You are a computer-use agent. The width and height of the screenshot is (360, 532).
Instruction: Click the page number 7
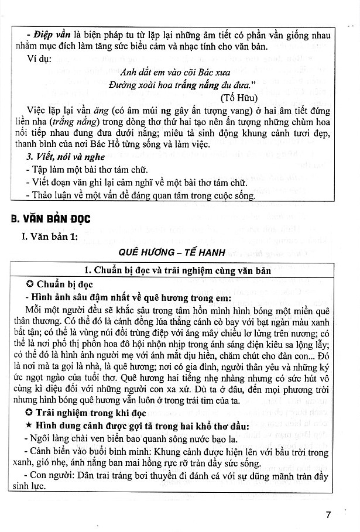tap(328, 516)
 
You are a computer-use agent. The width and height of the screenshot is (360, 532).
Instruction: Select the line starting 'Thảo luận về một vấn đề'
tap(141, 196)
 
